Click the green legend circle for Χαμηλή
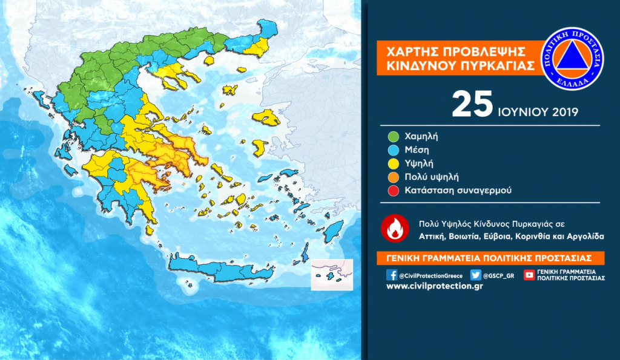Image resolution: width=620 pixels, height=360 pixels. [x=392, y=136]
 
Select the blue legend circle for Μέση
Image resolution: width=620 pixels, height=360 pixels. [x=392, y=149]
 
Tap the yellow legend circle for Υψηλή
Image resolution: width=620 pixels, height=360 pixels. [x=392, y=163]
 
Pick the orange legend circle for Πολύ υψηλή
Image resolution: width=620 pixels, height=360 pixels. [x=392, y=177]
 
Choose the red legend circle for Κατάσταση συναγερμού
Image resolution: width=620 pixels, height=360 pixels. [x=392, y=191]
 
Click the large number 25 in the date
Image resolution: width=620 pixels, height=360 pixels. [x=472, y=105]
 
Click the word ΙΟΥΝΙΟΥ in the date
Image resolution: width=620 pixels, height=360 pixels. [x=522, y=112]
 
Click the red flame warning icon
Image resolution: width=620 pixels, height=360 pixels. [x=394, y=229]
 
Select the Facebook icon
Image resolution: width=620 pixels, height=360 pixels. [x=392, y=275]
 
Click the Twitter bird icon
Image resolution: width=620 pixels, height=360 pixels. [x=476, y=275]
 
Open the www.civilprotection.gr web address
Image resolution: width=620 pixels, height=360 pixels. [x=434, y=286]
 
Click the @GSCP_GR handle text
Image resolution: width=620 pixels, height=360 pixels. [x=501, y=275]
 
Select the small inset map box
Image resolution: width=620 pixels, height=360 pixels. [x=331, y=275]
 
